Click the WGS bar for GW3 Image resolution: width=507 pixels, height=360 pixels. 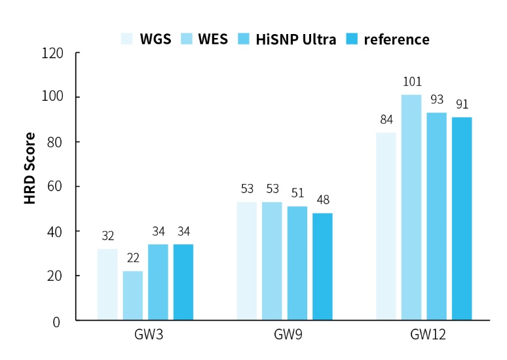(x=107, y=285)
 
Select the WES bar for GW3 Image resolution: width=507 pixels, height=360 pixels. (x=132, y=296)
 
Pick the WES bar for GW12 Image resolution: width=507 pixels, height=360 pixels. (x=411, y=207)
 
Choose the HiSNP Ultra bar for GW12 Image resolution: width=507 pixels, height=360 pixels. (x=436, y=217)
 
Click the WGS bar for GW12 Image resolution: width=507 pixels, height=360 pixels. (x=386, y=226)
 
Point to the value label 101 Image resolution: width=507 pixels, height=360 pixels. (x=411, y=82)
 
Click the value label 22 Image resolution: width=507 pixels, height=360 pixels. (x=132, y=259)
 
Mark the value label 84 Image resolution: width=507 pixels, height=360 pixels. (x=386, y=120)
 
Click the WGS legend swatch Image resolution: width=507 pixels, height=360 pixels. (x=128, y=39)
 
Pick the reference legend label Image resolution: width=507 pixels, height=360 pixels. (x=396, y=39)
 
